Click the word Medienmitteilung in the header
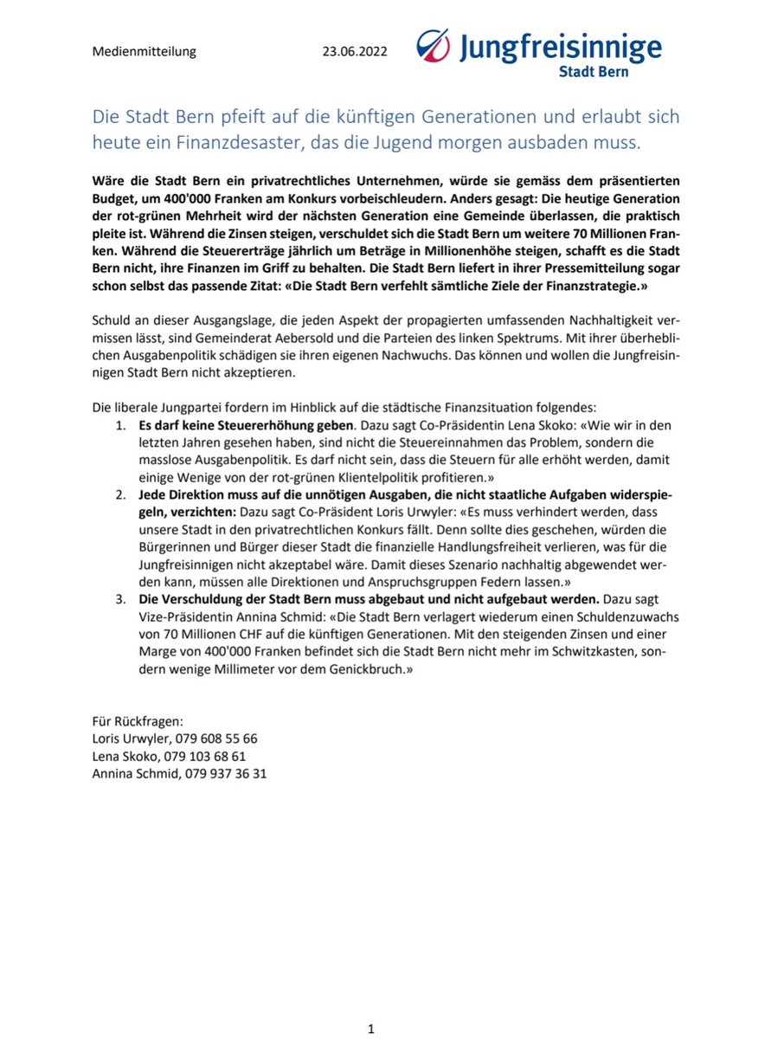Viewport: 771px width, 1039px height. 144,51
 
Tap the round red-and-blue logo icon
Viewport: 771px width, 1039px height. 434,46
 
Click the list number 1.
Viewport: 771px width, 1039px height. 120,425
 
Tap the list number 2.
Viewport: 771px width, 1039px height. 120,493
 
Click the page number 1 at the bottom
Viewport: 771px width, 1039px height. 370,1029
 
